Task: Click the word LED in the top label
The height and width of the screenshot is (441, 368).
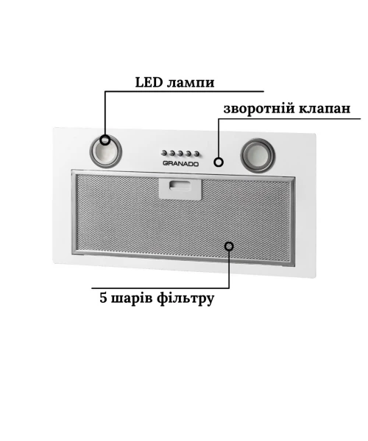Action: pyautogui.click(x=149, y=82)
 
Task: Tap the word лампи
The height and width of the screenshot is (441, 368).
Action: pyautogui.click(x=191, y=83)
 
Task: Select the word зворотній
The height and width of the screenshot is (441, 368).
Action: pyautogui.click(x=259, y=109)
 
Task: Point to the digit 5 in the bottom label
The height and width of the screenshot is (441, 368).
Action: pyautogui.click(x=103, y=298)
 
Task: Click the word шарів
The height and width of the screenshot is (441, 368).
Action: pyautogui.click(x=132, y=299)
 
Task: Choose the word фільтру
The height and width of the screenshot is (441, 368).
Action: pyautogui.click(x=185, y=299)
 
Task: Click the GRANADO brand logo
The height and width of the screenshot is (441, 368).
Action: pyautogui.click(x=181, y=164)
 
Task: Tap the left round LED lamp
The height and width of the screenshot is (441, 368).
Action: pyautogui.click(x=105, y=151)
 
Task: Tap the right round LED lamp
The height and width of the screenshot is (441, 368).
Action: pyautogui.click(x=258, y=155)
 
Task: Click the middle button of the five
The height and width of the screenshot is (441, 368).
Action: pyautogui.click(x=180, y=154)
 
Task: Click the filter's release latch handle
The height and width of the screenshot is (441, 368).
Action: pyautogui.click(x=180, y=189)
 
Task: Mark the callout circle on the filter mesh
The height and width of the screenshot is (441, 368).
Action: pyautogui.click(x=229, y=246)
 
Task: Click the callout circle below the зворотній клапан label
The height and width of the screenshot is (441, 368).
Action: pyautogui.click(x=219, y=162)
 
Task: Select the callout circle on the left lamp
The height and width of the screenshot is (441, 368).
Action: pyautogui.click(x=105, y=140)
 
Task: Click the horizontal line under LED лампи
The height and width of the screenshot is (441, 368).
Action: pyautogui.click(x=185, y=91)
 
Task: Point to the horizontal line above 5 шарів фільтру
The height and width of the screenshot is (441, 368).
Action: pyautogui.click(x=160, y=288)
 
